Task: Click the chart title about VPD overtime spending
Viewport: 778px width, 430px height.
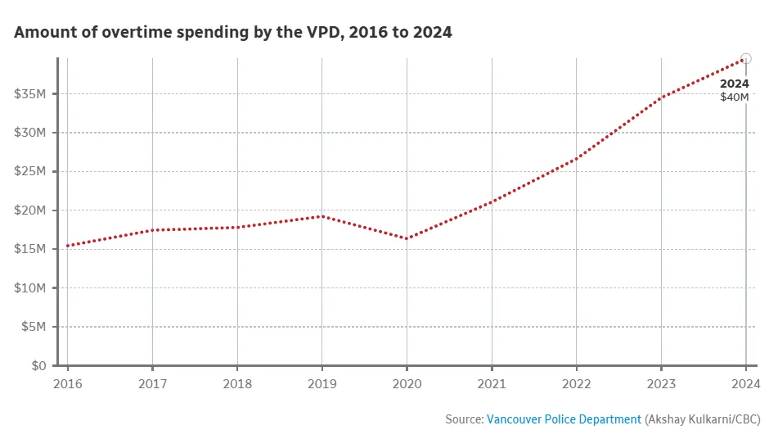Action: [x=233, y=33]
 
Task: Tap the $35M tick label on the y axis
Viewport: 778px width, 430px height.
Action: [x=29, y=94]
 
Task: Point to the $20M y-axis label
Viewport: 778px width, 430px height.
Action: [x=29, y=210]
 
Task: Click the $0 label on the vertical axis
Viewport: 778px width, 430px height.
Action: [x=38, y=366]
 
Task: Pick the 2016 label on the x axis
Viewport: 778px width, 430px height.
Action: [x=66, y=382]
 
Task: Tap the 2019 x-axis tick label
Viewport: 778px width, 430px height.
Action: [x=322, y=382]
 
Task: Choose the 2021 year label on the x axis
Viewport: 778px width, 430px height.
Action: [x=491, y=382]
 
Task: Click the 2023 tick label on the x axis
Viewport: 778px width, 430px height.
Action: [x=661, y=382]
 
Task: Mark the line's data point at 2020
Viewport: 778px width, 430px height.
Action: [x=407, y=239]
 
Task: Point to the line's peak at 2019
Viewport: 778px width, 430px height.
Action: [x=322, y=216]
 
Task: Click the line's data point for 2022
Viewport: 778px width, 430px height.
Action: [x=576, y=158]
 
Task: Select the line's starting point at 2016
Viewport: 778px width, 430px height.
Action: [x=67, y=246]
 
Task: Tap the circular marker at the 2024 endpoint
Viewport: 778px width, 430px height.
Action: [x=745, y=59]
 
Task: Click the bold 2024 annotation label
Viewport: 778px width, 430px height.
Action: [x=734, y=84]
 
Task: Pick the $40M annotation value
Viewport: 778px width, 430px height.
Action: [x=734, y=97]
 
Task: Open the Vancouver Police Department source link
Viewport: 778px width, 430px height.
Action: [x=564, y=419]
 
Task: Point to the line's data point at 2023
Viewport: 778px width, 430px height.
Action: [x=661, y=97]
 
